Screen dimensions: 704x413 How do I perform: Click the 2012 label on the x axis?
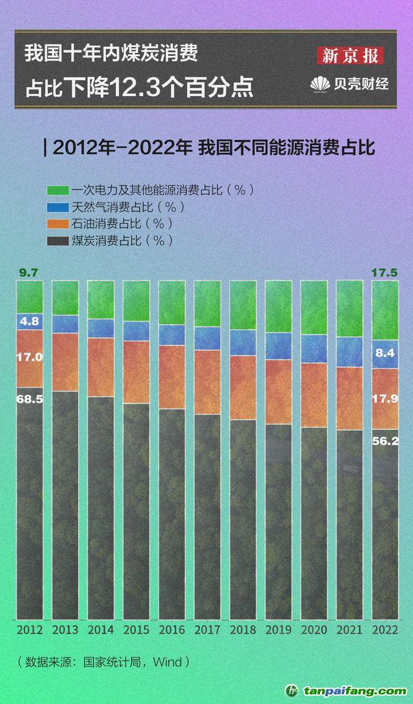[30, 629]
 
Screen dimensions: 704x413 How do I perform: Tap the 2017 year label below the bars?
[207, 629]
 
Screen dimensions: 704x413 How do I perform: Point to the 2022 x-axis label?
[385, 629]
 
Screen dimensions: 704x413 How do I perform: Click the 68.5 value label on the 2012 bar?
[30, 399]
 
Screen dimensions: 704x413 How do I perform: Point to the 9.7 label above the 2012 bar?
[29, 273]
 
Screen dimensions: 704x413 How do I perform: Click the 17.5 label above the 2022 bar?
[385, 273]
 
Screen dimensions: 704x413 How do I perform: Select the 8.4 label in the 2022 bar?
[385, 353]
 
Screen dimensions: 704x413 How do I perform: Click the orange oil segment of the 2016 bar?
[172, 376]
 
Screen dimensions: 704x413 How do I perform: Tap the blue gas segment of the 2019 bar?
[278, 346]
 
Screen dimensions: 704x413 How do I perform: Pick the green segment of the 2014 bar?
[101, 300]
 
